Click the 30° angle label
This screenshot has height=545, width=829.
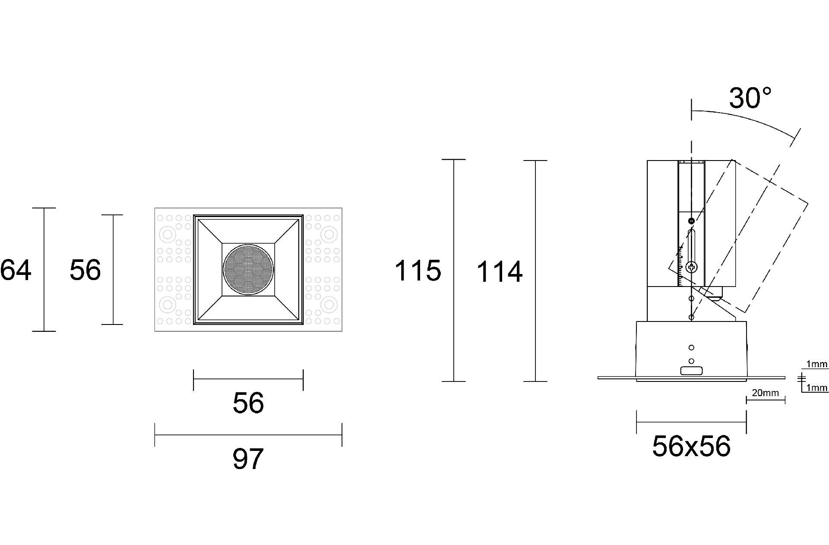pos(750,98)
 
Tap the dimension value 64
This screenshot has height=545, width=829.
pos(16,271)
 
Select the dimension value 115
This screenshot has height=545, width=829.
pos(418,271)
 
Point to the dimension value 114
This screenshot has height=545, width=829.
pos(499,272)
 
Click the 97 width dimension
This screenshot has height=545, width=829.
pos(248,459)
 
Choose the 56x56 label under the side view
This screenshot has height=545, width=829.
pos(691,446)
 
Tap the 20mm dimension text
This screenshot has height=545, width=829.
pos(765,393)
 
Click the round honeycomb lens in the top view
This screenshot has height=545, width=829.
pos(248,270)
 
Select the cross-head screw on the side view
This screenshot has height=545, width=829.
pos(692,268)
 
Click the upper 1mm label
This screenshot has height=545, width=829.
pos(817,364)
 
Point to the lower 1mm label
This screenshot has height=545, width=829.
pos(817,388)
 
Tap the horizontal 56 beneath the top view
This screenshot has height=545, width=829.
pos(248,403)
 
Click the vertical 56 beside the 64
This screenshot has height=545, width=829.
pos(85,270)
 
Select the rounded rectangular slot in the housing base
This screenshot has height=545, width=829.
pos(691,371)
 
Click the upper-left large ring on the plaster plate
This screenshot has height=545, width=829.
pos(167,235)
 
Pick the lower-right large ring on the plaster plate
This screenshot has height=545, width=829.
pos(329,305)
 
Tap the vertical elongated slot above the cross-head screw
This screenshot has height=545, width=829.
pos(692,245)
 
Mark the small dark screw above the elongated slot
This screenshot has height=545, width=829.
pos(692,221)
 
